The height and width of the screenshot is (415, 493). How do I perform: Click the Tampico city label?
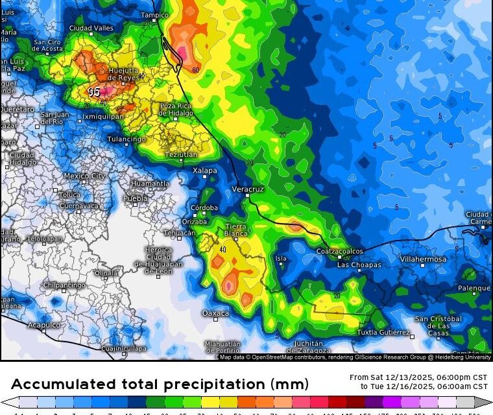pyautogui.click(x=154, y=15)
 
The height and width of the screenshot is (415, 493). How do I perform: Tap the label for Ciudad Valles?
pyautogui.click(x=91, y=29)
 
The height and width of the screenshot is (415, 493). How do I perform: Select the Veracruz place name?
pyautogui.click(x=247, y=189)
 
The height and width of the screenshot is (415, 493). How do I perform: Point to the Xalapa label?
pyautogui.click(x=205, y=171)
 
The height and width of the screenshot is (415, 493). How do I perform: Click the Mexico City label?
pyautogui.click(x=84, y=176)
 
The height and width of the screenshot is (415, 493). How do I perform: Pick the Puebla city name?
pyautogui.click(x=135, y=198)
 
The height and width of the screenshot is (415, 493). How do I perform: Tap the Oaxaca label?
pyautogui.click(x=215, y=313)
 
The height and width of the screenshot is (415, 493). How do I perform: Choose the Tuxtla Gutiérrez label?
pyautogui.click(x=384, y=333)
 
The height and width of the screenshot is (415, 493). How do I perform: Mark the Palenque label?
pyautogui.click(x=474, y=288)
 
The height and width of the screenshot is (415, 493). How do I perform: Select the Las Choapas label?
pyautogui.click(x=356, y=265)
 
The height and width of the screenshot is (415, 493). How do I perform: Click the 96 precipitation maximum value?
pyautogui.click(x=94, y=92)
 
